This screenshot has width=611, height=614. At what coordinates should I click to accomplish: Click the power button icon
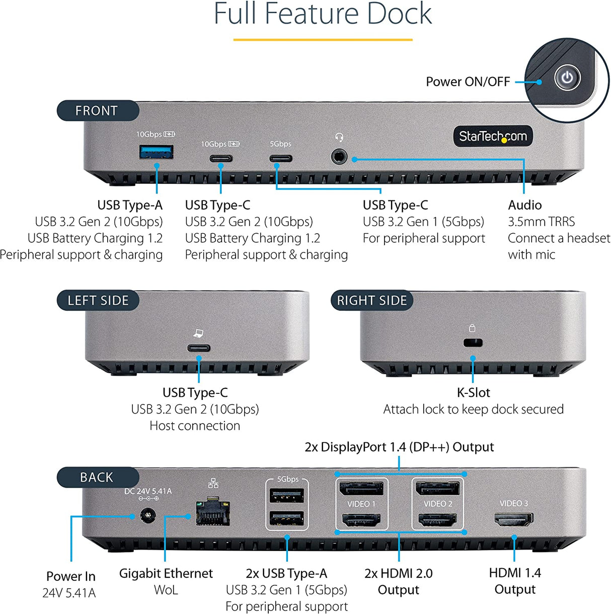567,78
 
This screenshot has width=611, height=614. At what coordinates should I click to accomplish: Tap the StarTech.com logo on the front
493,136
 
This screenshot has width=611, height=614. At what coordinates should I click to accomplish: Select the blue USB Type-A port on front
157,152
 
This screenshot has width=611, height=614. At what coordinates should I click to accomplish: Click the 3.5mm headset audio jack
339,157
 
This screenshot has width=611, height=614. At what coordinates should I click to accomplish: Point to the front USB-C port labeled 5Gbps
280,159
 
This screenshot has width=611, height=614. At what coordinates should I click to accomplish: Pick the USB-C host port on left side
199,348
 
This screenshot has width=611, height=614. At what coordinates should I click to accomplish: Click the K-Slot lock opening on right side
473,343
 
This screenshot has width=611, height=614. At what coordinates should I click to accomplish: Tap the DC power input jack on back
147,516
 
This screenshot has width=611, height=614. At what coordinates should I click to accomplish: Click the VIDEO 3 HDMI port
514,519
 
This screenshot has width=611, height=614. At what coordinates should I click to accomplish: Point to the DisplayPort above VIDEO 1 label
361,488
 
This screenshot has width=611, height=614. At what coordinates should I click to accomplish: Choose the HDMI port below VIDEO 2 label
437,520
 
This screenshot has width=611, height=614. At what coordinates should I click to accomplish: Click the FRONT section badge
97,111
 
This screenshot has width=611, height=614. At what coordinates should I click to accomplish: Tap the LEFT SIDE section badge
98,301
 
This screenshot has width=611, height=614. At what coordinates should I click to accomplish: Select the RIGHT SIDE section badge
371,301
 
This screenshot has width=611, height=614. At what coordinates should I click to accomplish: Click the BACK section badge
97,477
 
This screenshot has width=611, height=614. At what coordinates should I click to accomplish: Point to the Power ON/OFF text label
468,82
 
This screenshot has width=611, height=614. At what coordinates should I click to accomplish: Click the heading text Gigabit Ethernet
166,573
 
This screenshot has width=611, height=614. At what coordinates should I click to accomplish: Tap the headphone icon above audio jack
339,138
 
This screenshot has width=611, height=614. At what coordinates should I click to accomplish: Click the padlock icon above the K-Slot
472,328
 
